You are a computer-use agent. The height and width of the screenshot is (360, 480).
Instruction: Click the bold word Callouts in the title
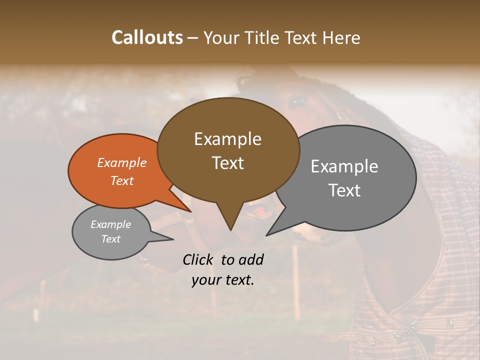pyautogui.click(x=147, y=37)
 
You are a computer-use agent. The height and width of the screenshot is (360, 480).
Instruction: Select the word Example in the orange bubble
pyautogui.click(x=122, y=162)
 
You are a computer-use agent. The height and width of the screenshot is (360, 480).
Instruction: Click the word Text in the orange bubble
pyautogui.click(x=122, y=180)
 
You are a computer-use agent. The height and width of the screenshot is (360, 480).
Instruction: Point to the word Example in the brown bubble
pyautogui.click(x=227, y=139)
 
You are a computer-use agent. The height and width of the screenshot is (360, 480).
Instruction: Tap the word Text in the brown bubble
pyautogui.click(x=227, y=163)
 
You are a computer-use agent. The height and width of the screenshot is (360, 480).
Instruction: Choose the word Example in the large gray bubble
pyautogui.click(x=344, y=166)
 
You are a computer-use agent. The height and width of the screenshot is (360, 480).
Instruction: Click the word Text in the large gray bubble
pyautogui.click(x=344, y=190)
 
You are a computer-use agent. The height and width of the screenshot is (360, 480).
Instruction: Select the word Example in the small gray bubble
pyautogui.click(x=110, y=224)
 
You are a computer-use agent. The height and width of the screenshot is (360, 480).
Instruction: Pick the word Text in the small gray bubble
pyautogui.click(x=110, y=239)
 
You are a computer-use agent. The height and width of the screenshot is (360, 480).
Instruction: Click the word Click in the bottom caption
pyautogui.click(x=199, y=259)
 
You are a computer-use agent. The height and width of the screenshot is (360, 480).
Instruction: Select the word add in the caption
pyautogui.click(x=250, y=259)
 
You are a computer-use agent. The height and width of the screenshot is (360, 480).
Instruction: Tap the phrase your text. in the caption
pyautogui.click(x=223, y=280)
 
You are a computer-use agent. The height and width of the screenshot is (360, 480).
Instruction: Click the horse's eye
pyautogui.click(x=298, y=101)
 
